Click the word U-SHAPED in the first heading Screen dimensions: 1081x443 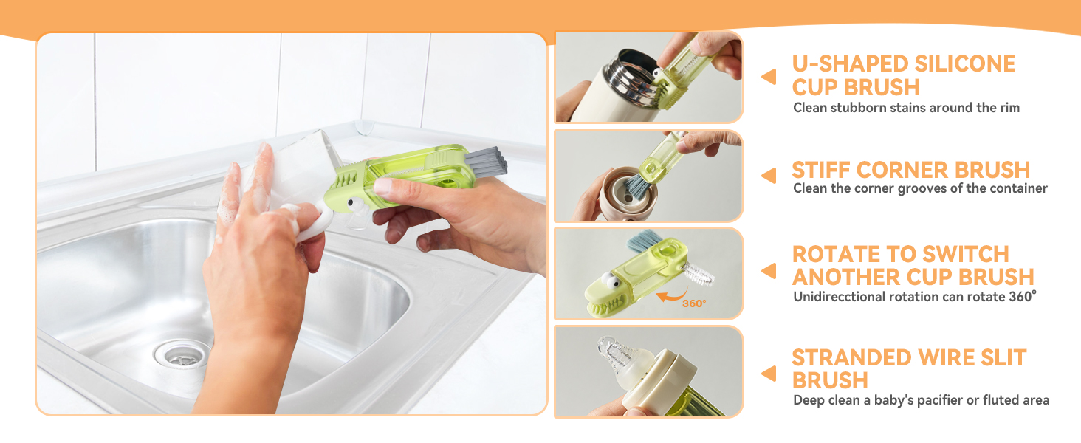[x=851, y=63]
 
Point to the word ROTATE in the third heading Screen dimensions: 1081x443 [x=836, y=254]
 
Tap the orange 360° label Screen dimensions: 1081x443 [x=694, y=303]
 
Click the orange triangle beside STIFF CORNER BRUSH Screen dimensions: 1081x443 [x=769, y=175]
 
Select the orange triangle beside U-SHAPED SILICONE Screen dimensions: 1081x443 [x=769, y=76]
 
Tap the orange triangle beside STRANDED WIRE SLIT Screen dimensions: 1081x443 [x=769, y=374]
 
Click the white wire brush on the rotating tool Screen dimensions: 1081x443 [x=697, y=275]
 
